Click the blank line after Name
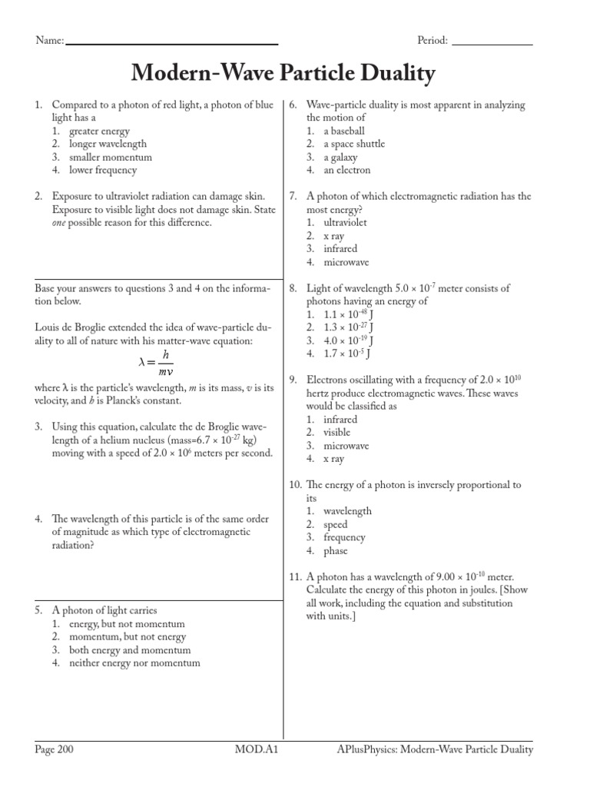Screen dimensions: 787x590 click(x=172, y=43)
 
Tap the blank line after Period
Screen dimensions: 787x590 click(x=492, y=43)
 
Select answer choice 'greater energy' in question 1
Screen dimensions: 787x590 click(x=99, y=131)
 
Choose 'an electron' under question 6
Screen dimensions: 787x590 click(x=346, y=170)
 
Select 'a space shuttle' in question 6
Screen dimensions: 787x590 click(x=353, y=144)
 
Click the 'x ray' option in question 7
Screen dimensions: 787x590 click(x=333, y=235)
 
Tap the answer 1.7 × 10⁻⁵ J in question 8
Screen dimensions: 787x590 click(x=346, y=354)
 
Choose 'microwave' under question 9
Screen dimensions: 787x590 click(x=346, y=446)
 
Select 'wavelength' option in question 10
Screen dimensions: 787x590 click(x=347, y=511)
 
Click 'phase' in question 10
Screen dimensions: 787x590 click(x=335, y=550)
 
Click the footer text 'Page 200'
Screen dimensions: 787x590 click(x=55, y=750)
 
